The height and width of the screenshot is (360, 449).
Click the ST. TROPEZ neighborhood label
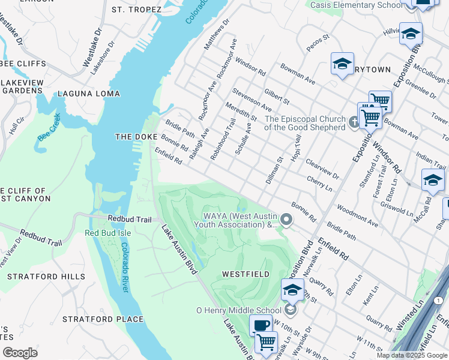[x=136, y=10]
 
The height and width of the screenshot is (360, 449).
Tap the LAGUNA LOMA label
[x=88, y=94]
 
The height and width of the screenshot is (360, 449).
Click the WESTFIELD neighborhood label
[x=245, y=274]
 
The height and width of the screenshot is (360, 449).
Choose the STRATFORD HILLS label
[x=46, y=277]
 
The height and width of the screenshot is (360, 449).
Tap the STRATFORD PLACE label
[x=103, y=319]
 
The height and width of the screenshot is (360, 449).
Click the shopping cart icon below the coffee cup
[x=266, y=342]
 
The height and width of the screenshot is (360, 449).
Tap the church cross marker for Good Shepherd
[x=354, y=123]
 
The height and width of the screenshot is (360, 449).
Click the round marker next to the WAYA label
[x=286, y=220]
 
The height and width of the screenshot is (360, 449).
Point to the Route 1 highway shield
[x=440, y=301]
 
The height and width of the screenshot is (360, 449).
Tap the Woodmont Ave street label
[x=357, y=216]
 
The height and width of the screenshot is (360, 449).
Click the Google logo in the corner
[x=20, y=353]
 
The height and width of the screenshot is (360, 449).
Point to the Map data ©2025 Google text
[x=412, y=355]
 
